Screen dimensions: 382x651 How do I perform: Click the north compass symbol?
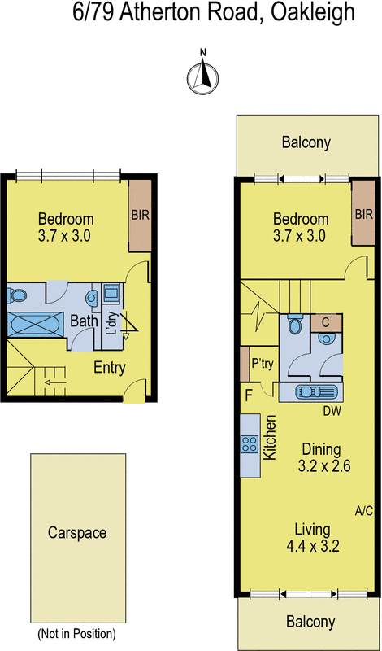203,76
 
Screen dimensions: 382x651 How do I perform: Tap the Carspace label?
77,533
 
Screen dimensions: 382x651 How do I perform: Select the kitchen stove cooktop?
250,444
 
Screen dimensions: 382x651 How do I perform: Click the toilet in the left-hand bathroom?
17,296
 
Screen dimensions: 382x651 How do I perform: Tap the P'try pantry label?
263,364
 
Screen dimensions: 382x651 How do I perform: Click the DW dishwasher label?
332,412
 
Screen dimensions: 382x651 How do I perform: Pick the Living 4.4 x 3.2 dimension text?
313,538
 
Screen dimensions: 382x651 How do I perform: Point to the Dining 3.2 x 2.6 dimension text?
324,457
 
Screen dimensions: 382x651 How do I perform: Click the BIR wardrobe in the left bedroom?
140,216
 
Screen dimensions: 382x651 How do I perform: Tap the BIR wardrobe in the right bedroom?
363,214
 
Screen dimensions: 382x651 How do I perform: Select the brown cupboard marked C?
326,322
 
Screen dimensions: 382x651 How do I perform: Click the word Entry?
110,368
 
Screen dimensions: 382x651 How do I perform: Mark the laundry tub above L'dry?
111,294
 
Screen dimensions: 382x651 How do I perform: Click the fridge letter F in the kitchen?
249,395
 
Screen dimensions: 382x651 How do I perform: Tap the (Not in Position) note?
76,634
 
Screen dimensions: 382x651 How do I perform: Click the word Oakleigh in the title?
313,12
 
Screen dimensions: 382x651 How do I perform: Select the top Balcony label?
306,143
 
